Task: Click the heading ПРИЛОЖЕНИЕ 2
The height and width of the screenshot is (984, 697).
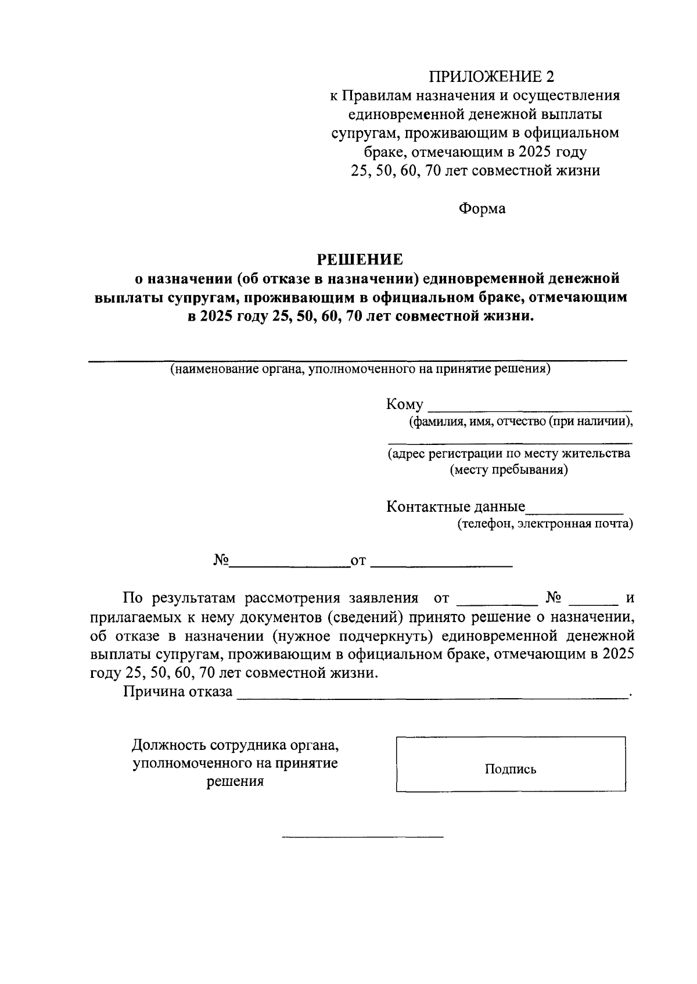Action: (x=491, y=77)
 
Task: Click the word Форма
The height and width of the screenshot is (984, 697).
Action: (x=482, y=209)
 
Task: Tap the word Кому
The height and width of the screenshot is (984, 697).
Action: (x=404, y=405)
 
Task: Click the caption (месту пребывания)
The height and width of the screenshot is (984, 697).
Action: (x=509, y=470)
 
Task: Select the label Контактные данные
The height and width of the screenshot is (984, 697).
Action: (x=455, y=507)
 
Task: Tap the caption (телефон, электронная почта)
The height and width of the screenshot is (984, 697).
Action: (x=545, y=524)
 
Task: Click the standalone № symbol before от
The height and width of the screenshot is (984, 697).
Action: (x=221, y=561)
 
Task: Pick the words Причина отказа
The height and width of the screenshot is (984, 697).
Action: (x=177, y=692)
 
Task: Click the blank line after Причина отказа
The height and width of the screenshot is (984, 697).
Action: (x=432, y=695)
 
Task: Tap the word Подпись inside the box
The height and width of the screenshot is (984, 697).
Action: (x=511, y=770)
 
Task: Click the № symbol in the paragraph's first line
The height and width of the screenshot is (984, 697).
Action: (x=552, y=598)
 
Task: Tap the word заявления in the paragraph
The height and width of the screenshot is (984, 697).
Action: (x=383, y=598)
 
